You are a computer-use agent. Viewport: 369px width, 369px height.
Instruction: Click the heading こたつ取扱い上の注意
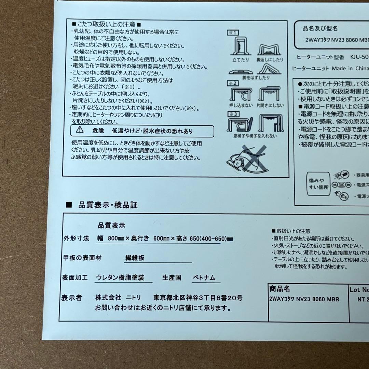(x=106, y=25)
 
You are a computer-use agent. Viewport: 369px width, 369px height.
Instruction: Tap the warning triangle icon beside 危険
(x=80, y=130)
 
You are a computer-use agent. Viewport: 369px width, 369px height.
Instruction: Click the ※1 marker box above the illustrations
(x=233, y=33)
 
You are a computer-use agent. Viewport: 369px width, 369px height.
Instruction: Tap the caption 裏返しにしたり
(x=270, y=60)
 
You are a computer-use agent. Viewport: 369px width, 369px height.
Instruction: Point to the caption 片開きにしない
(x=270, y=106)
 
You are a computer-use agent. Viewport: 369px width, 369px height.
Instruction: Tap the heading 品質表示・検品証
(x=108, y=205)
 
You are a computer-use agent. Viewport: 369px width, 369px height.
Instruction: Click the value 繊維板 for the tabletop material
(x=134, y=258)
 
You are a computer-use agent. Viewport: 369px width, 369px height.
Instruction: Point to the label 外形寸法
(x=76, y=238)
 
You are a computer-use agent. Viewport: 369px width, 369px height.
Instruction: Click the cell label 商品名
(x=279, y=289)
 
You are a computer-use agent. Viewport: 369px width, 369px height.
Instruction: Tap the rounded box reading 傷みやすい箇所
(x=319, y=185)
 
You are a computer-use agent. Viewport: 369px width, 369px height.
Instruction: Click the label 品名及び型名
(x=320, y=29)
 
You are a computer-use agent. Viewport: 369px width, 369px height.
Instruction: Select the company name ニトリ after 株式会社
(x=134, y=298)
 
